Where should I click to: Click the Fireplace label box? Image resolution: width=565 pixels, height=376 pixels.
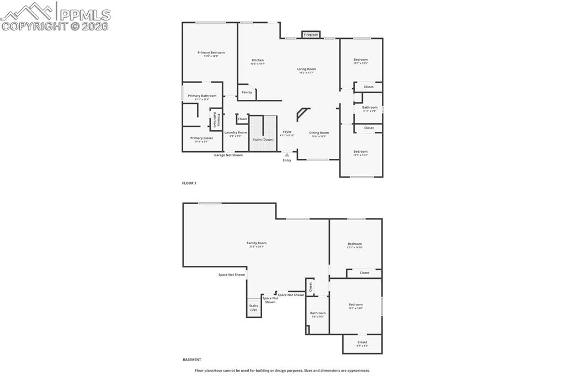click(x=311, y=35)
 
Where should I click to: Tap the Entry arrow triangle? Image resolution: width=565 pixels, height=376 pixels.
click(x=287, y=155)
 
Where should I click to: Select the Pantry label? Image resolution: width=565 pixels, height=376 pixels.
click(x=247, y=92)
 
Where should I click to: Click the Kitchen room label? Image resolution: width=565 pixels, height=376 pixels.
click(x=258, y=60)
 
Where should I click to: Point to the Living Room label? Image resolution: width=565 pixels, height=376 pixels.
click(x=307, y=69)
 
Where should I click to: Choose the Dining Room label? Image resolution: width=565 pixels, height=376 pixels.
click(x=319, y=133)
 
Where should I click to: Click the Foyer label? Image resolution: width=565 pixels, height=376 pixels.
click(x=287, y=132)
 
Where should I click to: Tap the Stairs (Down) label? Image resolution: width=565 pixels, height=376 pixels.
click(x=263, y=139)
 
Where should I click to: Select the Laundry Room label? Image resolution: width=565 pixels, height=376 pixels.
click(x=236, y=133)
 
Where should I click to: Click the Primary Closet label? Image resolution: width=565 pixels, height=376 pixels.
click(x=201, y=138)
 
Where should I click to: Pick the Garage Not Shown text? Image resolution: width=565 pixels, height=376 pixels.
click(x=228, y=155)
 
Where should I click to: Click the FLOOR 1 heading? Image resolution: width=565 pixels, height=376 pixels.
click(x=189, y=183)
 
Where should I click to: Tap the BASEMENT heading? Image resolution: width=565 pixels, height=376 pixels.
click(x=192, y=359)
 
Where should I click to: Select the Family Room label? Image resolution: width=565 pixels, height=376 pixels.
click(x=257, y=243)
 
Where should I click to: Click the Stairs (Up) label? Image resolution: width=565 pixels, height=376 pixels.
click(x=254, y=308)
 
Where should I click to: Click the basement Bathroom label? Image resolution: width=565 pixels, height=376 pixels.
click(x=318, y=313)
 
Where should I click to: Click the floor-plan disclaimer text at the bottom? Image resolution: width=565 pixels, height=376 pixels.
click(x=282, y=370)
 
